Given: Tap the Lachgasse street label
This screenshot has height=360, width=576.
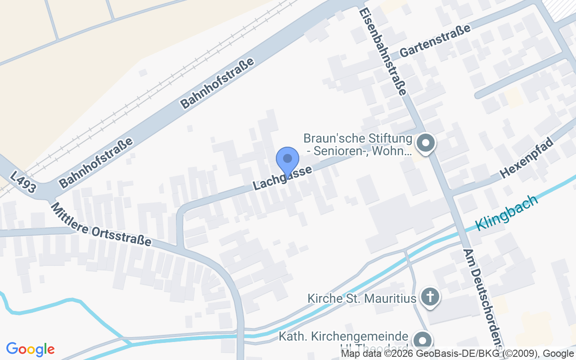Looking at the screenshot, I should click(283, 178).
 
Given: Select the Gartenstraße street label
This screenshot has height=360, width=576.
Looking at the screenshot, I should click(435, 41).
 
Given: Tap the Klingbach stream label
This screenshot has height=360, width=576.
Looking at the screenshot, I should click(507, 212).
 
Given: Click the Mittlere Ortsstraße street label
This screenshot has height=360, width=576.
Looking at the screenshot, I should click(101, 224).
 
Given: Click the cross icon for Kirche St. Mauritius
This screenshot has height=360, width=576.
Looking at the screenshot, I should click(430, 297).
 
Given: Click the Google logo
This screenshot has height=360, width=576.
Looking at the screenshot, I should click(31, 349).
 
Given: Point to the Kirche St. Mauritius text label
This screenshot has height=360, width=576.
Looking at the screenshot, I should click(361, 298).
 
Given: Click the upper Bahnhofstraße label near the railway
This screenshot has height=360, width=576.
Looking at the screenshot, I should click(217, 83).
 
